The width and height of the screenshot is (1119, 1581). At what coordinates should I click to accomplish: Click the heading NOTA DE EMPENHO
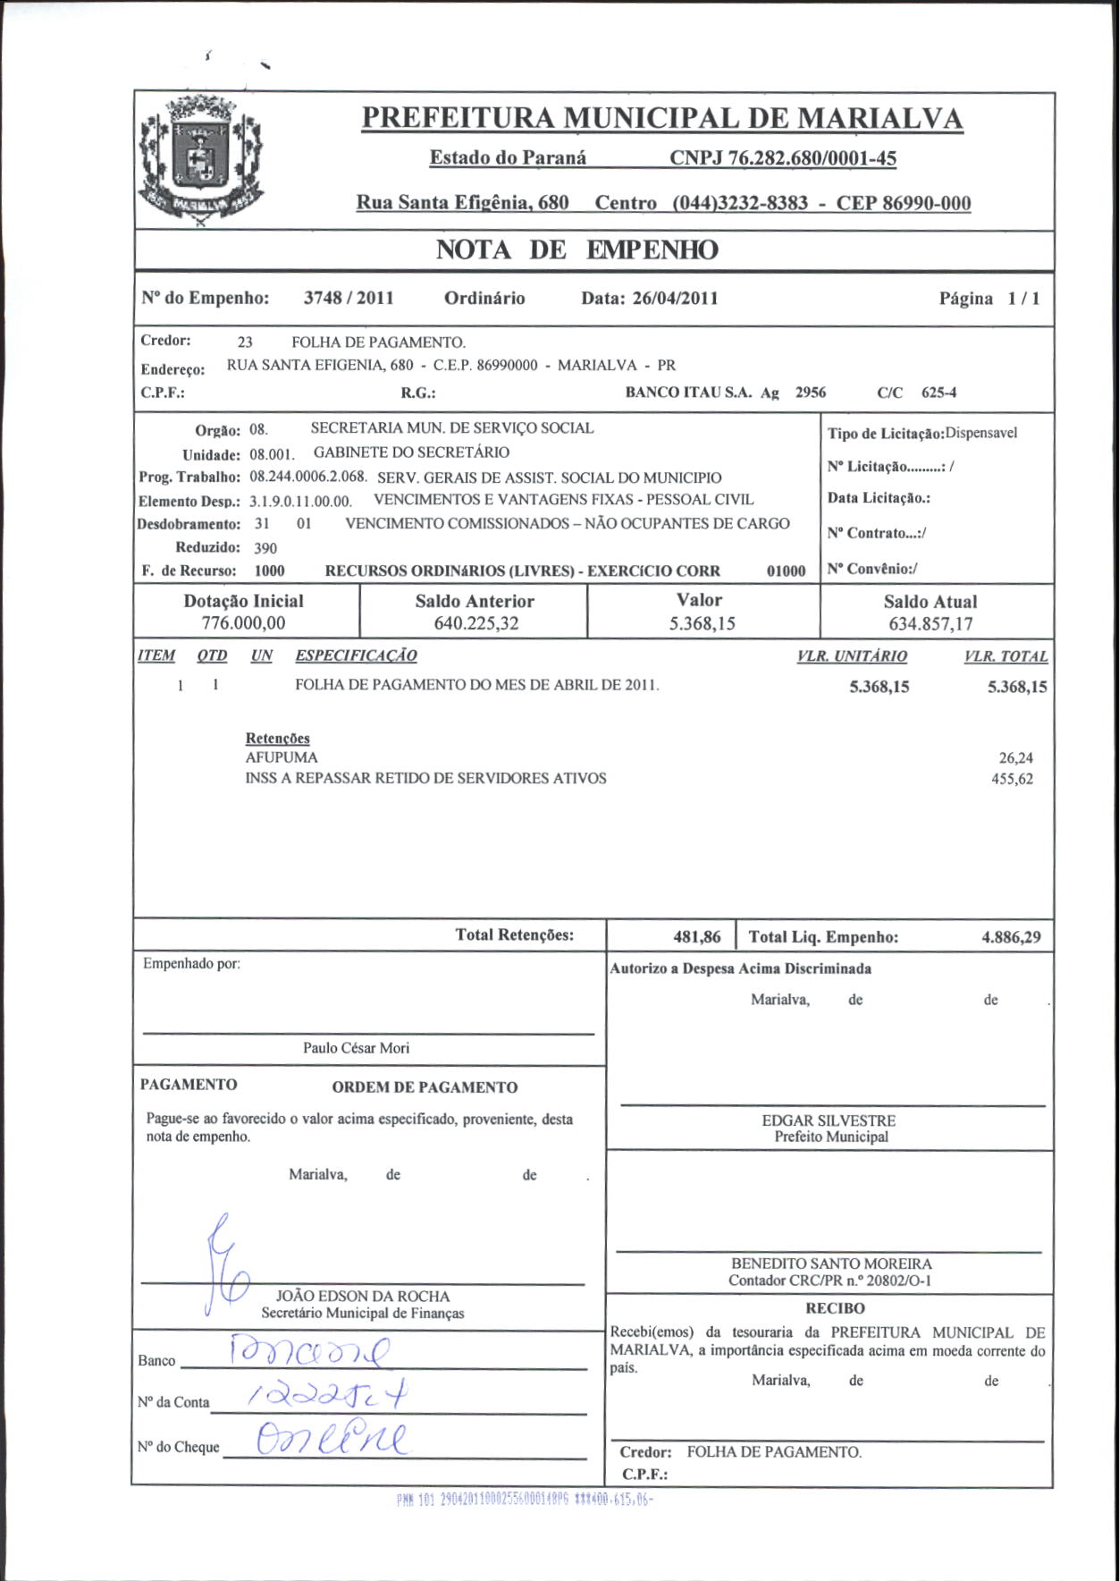click(x=576, y=250)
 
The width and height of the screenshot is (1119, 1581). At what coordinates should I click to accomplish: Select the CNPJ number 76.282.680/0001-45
click(x=783, y=158)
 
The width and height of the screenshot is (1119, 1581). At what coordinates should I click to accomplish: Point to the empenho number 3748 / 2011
click(x=349, y=299)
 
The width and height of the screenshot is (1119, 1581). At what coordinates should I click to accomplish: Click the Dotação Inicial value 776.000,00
click(x=244, y=623)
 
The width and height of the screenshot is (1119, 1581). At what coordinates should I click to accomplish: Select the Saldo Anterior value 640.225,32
click(x=475, y=623)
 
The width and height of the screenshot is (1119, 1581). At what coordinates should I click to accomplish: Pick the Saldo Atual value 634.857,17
click(x=930, y=624)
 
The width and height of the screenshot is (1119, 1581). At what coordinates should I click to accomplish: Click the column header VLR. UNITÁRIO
click(x=852, y=656)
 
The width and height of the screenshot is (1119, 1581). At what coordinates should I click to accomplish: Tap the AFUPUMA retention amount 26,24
click(x=1016, y=758)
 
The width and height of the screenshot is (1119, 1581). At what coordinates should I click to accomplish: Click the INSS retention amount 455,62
click(x=1012, y=779)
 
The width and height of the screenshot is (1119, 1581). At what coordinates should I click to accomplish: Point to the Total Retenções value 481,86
click(x=697, y=937)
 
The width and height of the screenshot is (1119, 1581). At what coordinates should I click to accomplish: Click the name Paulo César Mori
click(x=356, y=1048)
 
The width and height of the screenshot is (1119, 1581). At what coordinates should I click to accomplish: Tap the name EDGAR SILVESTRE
click(x=829, y=1120)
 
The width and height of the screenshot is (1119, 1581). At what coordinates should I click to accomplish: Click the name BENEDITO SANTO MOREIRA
click(x=831, y=1264)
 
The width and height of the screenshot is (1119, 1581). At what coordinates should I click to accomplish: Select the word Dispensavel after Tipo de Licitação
click(x=981, y=433)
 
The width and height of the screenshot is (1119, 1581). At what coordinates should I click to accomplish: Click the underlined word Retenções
click(x=278, y=739)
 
